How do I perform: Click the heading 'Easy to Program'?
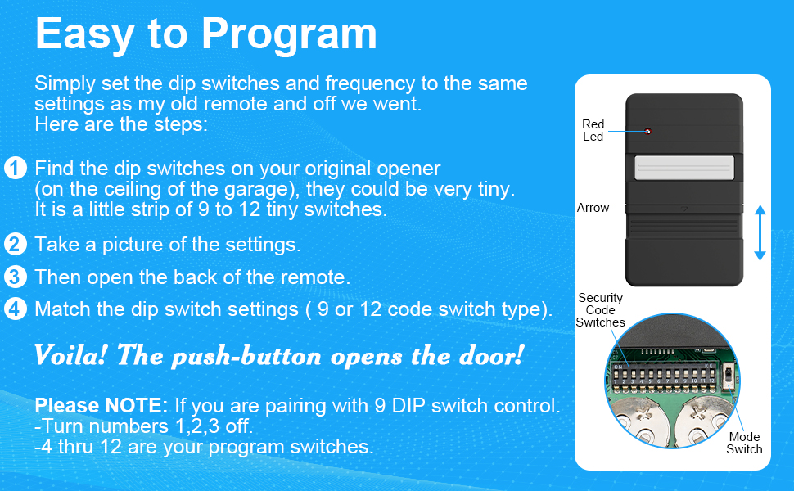pos(205,34)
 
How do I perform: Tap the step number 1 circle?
pos(15,169)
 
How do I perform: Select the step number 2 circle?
pos(15,244)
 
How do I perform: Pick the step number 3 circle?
pos(15,277)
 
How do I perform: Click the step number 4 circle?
pos(15,309)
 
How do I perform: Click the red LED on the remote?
pos(647,131)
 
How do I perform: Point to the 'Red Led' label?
pos(593,131)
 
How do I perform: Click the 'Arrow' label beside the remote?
pos(593,208)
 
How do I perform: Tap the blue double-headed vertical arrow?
pos(759,233)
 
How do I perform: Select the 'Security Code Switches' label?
pos(600,310)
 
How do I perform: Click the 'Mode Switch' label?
pos(744,443)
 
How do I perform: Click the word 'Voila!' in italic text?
pos(71,356)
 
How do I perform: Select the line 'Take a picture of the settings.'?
pos(167,244)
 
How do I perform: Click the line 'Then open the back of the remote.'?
pos(192,277)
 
